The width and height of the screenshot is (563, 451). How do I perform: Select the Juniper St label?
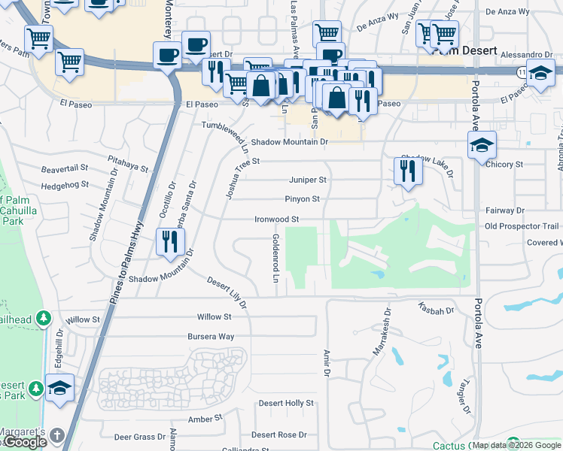[308, 180]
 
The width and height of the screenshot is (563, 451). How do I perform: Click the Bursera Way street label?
[211, 337]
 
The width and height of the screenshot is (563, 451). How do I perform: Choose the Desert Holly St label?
[286, 404]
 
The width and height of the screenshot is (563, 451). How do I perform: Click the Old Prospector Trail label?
[522, 226]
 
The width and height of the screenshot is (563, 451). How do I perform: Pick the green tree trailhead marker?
[44, 319]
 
